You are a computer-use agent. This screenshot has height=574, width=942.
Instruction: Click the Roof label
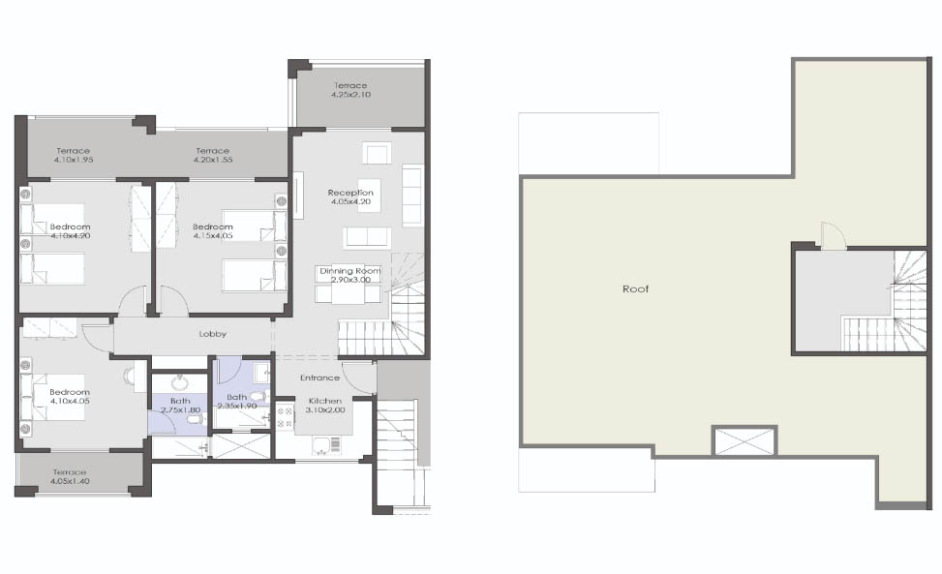click(635, 288)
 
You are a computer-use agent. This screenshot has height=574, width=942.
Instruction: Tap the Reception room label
click(350, 193)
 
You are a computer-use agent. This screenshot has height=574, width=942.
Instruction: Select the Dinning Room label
click(349, 271)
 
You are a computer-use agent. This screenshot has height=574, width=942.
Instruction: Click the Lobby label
click(213, 334)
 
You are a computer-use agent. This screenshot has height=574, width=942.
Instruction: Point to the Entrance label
click(319, 378)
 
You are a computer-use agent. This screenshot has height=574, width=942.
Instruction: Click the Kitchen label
click(325, 401)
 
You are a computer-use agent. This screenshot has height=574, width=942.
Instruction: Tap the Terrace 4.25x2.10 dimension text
click(350, 94)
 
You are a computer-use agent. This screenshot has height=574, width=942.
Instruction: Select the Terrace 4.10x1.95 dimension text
click(74, 160)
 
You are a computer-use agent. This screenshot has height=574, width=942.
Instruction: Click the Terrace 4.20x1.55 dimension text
click(213, 160)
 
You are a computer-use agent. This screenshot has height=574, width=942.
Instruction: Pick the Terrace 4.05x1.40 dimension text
click(70, 481)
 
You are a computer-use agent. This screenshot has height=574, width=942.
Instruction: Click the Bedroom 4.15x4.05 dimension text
click(213, 235)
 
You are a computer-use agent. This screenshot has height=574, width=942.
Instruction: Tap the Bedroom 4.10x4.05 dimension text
click(70, 401)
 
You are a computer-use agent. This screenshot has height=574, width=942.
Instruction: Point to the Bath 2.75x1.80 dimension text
click(180, 410)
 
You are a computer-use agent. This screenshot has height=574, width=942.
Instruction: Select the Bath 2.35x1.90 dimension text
click(236, 406)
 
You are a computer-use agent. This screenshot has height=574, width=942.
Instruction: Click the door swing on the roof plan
click(834, 235)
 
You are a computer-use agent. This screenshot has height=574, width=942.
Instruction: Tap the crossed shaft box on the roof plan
click(744, 440)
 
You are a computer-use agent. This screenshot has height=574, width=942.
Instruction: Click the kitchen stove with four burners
click(285, 417)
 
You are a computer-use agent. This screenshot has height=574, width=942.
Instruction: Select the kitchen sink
click(326, 445)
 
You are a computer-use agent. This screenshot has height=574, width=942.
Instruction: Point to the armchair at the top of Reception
click(377, 153)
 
